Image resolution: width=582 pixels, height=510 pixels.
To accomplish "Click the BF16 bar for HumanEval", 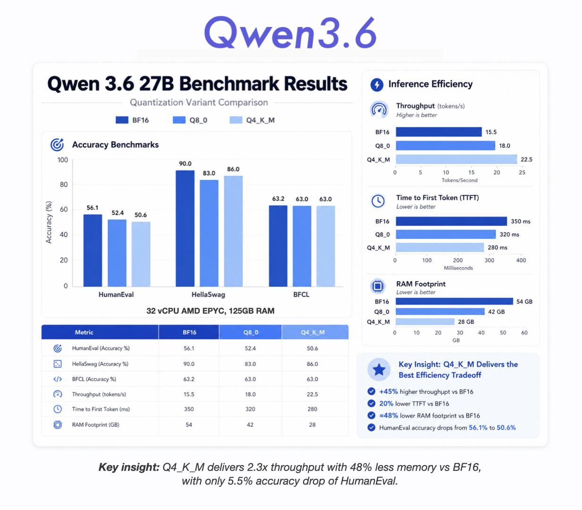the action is pyautogui.click(x=93, y=250).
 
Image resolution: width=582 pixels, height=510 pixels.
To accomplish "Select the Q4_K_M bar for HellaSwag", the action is pyautogui.click(x=233, y=231).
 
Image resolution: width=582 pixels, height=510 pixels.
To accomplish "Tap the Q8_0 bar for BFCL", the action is pyautogui.click(x=302, y=246).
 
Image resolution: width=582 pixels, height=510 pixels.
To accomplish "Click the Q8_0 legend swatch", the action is pyautogui.click(x=179, y=120).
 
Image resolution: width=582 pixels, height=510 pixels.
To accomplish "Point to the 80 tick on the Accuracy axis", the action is pyautogui.click(x=63, y=185).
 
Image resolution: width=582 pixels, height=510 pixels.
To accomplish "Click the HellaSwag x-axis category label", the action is pyautogui.click(x=208, y=295).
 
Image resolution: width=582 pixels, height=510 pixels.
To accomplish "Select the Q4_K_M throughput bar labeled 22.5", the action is pyautogui.click(x=456, y=160).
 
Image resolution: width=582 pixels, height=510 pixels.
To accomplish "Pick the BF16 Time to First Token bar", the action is pyautogui.click(x=451, y=221).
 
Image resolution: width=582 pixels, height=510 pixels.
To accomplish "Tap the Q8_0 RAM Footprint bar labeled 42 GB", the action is pyautogui.click(x=440, y=312).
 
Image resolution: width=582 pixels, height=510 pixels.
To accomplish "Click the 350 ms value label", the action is pyautogui.click(x=521, y=221).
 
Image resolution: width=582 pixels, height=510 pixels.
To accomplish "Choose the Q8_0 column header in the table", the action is pyautogui.click(x=251, y=332).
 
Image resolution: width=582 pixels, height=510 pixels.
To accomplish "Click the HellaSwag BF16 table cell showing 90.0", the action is pyautogui.click(x=189, y=364).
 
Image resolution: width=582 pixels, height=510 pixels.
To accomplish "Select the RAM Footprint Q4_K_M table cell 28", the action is pyautogui.click(x=312, y=425).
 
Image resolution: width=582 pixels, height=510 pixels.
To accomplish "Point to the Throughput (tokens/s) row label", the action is pyautogui.click(x=99, y=394).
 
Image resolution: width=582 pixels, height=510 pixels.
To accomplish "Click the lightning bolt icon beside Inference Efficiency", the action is pyautogui.click(x=377, y=85).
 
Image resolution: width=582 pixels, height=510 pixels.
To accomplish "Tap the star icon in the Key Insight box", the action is pyautogui.click(x=379, y=370).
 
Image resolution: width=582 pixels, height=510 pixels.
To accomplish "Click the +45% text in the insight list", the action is pyautogui.click(x=388, y=391).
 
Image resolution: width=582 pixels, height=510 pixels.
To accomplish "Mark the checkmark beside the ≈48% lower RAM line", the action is pyautogui.click(x=371, y=416).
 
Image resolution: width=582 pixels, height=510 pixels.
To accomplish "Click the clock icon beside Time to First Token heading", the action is pyautogui.click(x=378, y=201).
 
